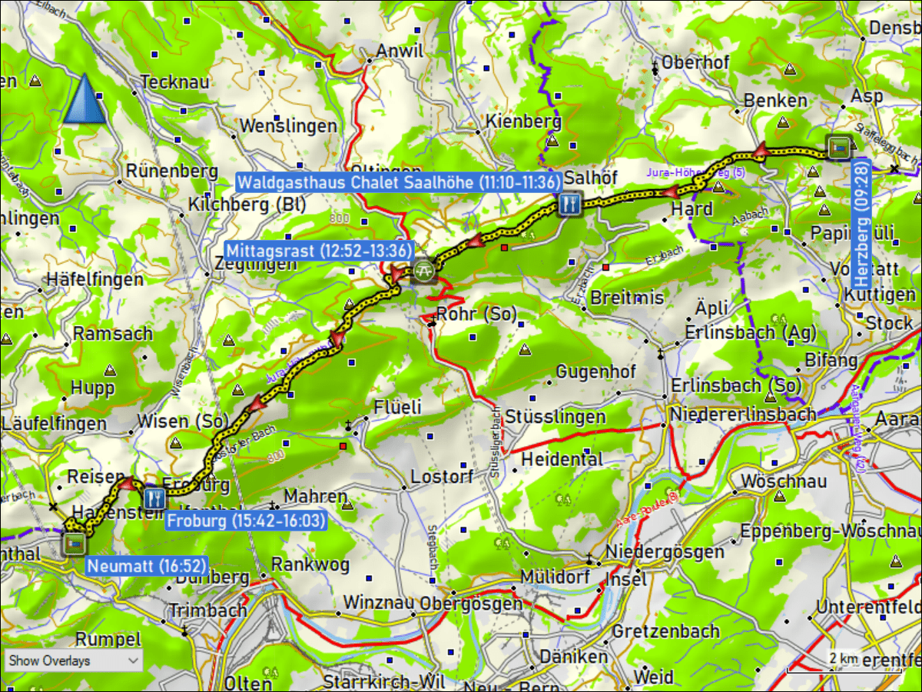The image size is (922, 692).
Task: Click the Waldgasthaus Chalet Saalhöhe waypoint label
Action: [x=398, y=182]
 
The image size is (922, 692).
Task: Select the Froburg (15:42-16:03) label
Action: [x=246, y=521]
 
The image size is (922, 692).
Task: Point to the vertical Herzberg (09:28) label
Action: [x=861, y=230]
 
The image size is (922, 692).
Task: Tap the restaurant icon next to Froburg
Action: [x=154, y=498]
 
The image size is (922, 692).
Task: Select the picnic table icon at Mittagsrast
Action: [x=423, y=271]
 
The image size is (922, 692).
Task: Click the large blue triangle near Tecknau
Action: [x=85, y=100]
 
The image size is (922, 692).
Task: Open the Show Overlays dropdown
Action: [x=74, y=660]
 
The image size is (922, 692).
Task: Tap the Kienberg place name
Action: [x=523, y=121]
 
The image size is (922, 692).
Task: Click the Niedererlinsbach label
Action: [x=742, y=414]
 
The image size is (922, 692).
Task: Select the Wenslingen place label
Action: [x=288, y=125]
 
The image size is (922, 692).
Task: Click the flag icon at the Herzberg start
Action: [x=839, y=146]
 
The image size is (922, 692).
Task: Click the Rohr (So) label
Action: [x=476, y=314]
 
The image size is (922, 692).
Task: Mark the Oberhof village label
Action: [x=695, y=63]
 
